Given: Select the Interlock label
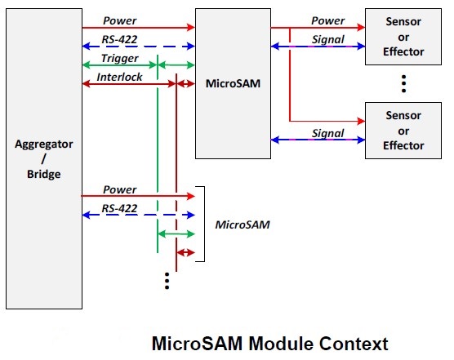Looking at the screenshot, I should pyautogui.click(x=119, y=76).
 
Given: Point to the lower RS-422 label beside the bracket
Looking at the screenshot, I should pyautogui.click(x=119, y=209).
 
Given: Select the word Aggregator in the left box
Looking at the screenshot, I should pyautogui.click(x=44, y=144).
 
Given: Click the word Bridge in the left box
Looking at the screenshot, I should pyautogui.click(x=44, y=175).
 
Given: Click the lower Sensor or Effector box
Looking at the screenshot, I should pyautogui.click(x=405, y=131).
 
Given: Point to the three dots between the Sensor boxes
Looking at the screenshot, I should pyautogui.click(x=404, y=82).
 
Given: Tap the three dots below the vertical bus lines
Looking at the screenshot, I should pyautogui.click(x=167, y=280).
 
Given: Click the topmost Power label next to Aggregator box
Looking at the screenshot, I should pyautogui.click(x=119, y=21).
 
